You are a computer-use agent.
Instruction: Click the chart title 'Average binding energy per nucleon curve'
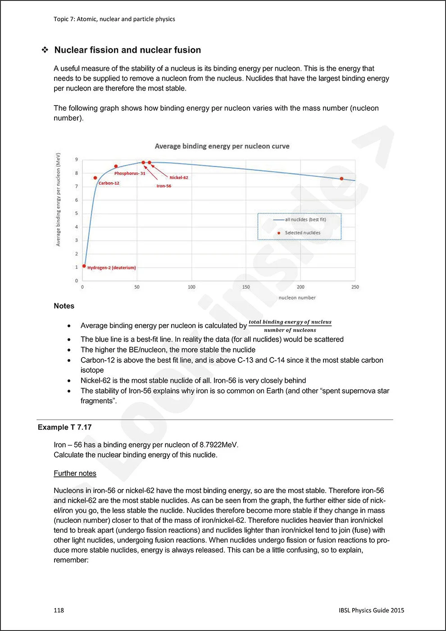click(x=222, y=146)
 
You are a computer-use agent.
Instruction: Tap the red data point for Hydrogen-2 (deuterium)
click(x=84, y=266)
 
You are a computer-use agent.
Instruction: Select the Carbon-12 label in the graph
click(x=109, y=183)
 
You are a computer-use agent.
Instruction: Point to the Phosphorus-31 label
click(x=130, y=174)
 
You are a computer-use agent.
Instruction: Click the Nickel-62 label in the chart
click(x=179, y=178)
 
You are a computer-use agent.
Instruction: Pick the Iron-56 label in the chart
click(x=164, y=186)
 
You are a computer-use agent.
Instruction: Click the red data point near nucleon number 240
click(x=341, y=179)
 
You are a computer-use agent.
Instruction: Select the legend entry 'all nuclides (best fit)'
click(x=305, y=219)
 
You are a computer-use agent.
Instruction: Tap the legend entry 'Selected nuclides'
click(x=302, y=233)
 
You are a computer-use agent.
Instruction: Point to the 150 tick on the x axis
click(x=246, y=287)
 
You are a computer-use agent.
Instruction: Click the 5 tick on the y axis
click(x=77, y=213)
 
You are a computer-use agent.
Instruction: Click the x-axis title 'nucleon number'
click(x=297, y=298)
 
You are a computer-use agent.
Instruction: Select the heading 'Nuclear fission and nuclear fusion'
click(x=127, y=50)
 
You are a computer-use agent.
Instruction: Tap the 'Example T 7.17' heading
click(x=64, y=427)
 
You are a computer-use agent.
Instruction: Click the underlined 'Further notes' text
click(x=75, y=473)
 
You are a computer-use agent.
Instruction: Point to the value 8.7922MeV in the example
click(x=218, y=445)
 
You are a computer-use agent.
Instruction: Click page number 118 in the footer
click(x=59, y=610)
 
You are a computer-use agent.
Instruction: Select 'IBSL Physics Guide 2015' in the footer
click(x=371, y=610)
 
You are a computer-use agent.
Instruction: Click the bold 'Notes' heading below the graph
click(x=64, y=306)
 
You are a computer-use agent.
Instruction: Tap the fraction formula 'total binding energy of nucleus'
click(x=290, y=322)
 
